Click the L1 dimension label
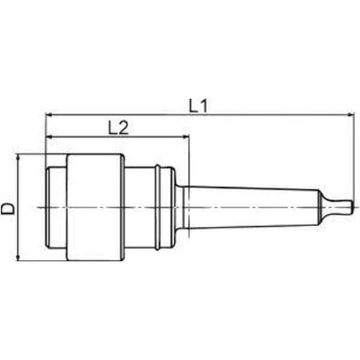198,106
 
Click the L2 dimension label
118,127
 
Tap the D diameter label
8,208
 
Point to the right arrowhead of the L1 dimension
351,114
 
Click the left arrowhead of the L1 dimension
49,114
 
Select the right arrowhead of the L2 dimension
186,137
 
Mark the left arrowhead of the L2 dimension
49,137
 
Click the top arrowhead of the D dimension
18,158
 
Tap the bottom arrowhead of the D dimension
18,257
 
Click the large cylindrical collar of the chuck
96,207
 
